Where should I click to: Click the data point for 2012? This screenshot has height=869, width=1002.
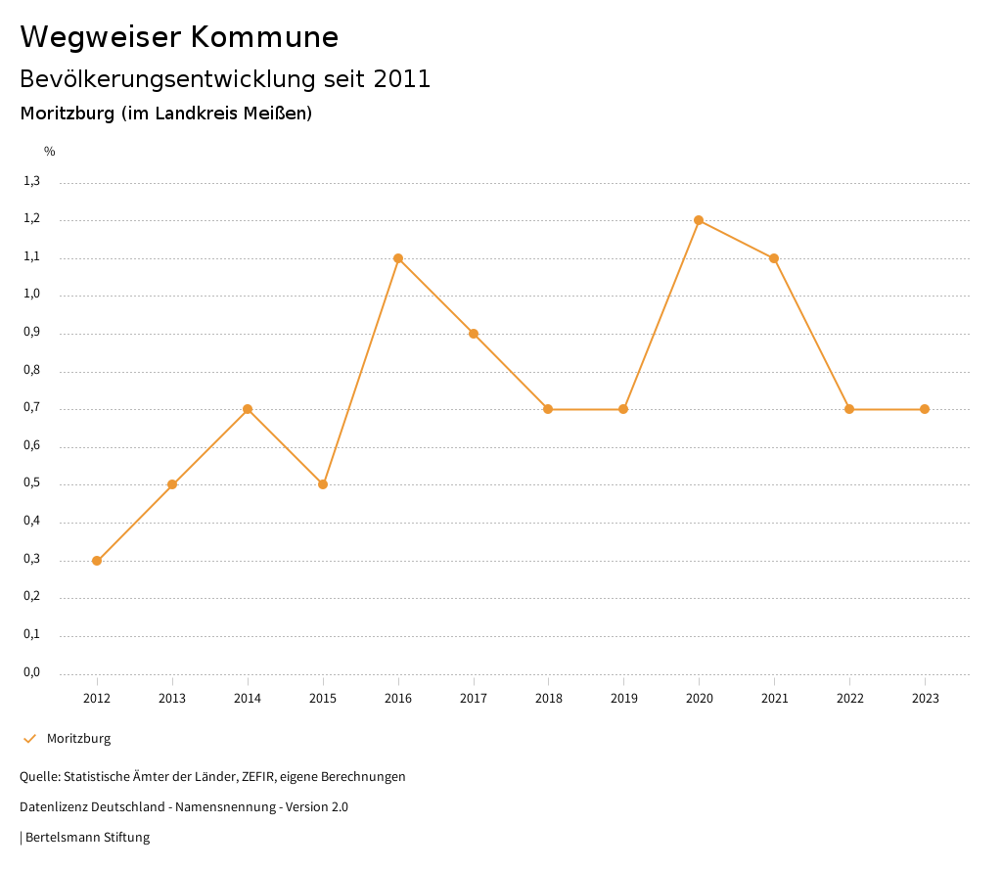coord(97,561)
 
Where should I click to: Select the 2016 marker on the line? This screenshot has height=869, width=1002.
coord(398,258)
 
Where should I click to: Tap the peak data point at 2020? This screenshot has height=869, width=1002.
coord(699,220)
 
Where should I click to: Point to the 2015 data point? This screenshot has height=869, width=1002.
coord(323,484)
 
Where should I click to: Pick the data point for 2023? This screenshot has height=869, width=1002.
coord(925,409)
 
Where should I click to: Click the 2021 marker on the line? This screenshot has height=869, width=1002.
coord(774,258)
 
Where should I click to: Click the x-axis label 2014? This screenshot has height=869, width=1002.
coord(248,698)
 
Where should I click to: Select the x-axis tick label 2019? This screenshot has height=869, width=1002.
coord(623,698)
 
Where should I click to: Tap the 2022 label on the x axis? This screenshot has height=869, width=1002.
coord(849,698)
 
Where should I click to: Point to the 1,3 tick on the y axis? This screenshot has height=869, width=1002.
coord(32,181)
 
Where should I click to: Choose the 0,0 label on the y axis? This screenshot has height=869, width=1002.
coord(32,672)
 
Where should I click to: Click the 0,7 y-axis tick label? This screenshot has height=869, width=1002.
coord(32,408)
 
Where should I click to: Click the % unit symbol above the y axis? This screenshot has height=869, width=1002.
coord(50,151)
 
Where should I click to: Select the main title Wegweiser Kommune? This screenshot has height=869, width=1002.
coord(179,37)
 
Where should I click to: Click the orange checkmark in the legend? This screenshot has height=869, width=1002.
coord(29,738)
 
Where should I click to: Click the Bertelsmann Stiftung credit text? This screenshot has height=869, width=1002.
coord(87,837)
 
